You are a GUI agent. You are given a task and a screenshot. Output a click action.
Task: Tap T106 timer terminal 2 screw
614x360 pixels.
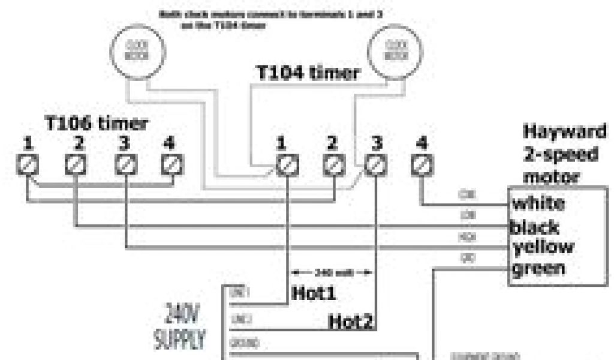click(76, 164)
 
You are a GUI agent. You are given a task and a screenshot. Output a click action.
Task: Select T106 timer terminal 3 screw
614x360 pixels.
click(125, 164)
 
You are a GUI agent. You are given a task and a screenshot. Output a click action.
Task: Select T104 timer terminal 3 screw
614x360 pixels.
click(375, 164)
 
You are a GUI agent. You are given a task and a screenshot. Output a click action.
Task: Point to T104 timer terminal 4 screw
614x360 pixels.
click(422, 164)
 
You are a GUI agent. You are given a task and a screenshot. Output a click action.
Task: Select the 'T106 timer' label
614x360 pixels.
click(97, 123)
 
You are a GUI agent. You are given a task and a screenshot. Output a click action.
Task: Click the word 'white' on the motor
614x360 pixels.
click(538, 203)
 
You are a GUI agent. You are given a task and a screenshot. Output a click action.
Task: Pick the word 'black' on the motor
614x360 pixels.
click(535, 227)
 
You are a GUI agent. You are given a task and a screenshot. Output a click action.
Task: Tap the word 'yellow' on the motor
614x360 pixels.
click(543, 247)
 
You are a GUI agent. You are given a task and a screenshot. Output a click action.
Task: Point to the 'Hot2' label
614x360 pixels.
click(351, 322)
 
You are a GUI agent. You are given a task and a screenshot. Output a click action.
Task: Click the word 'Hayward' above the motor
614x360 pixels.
click(565, 131)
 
